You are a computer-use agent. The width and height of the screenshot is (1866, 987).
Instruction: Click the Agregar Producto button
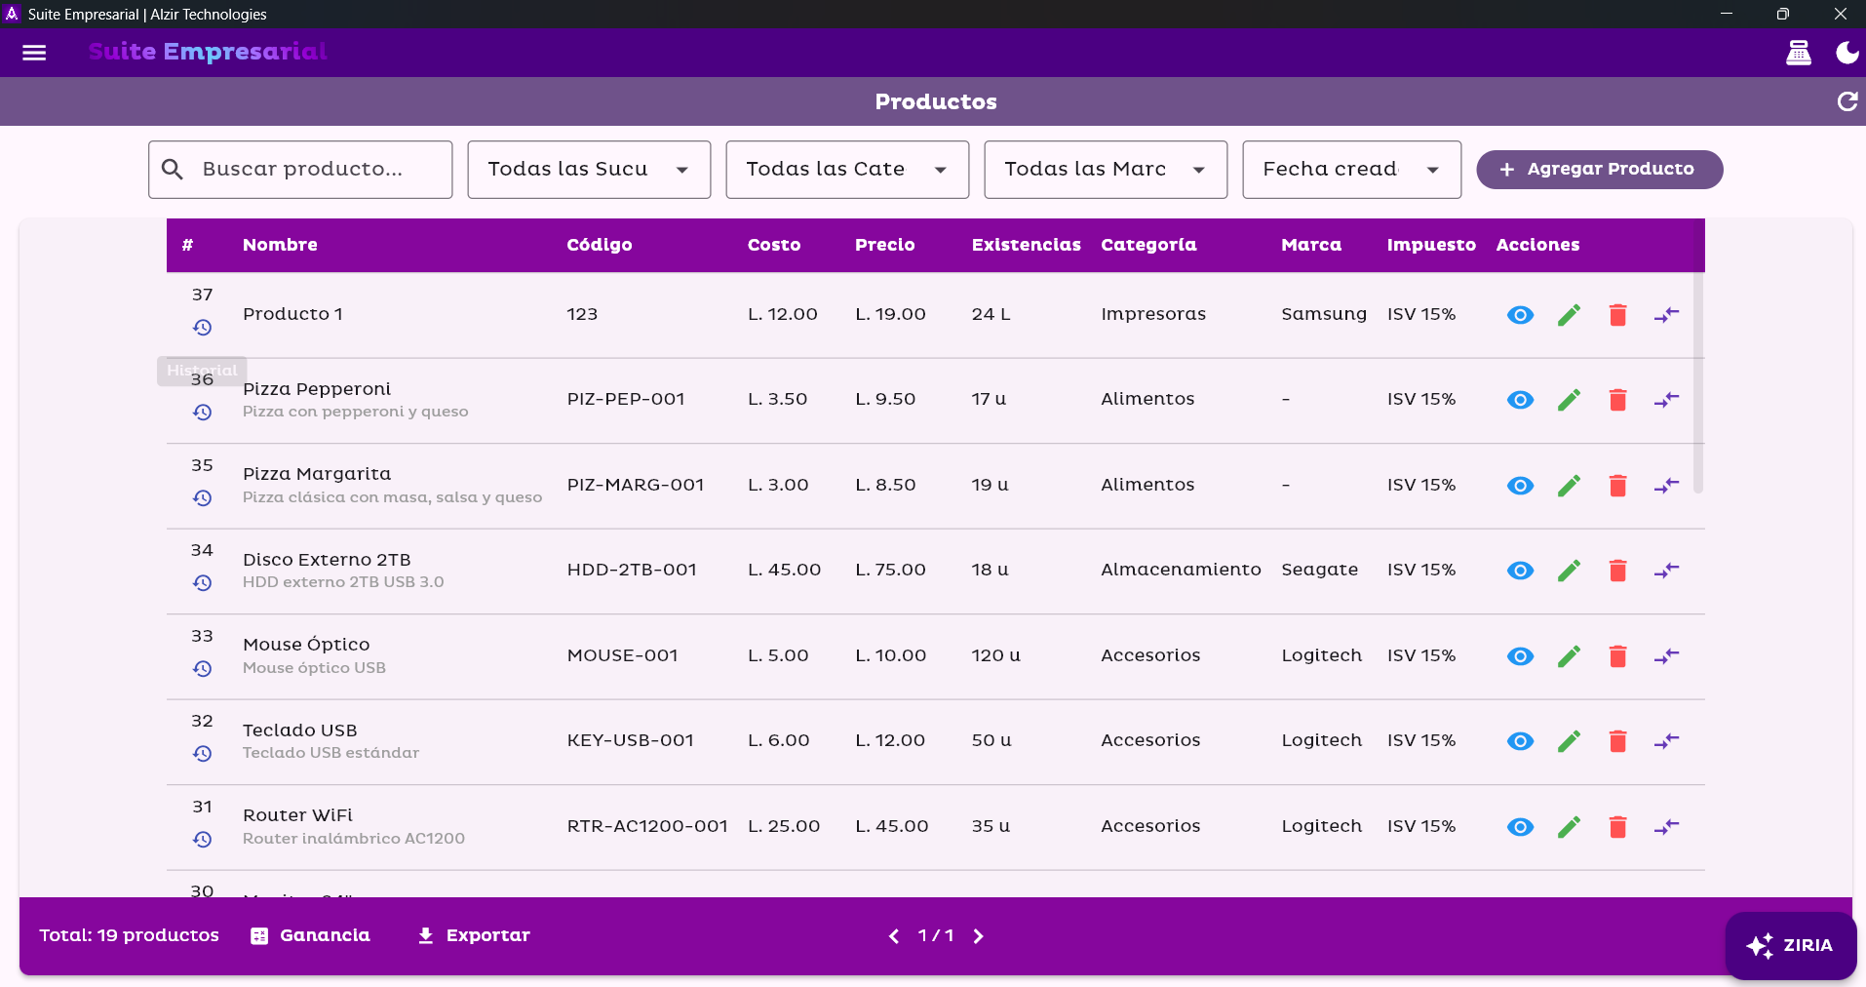[x=1599, y=170]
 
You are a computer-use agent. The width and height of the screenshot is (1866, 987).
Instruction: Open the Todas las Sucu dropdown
[x=589, y=170]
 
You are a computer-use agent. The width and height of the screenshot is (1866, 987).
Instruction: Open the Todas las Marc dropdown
[x=1105, y=170]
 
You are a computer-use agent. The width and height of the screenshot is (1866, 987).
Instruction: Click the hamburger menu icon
[x=34, y=53]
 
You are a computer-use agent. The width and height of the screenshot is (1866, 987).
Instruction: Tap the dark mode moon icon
[x=1847, y=53]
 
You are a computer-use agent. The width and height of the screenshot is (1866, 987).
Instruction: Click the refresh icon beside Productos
[x=1847, y=101]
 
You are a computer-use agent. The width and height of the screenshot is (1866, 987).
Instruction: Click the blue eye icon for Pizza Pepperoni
[x=1520, y=400]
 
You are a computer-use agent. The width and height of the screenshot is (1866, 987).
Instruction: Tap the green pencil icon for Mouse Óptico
[x=1569, y=656]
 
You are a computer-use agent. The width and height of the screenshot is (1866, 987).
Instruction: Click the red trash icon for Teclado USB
[x=1617, y=741]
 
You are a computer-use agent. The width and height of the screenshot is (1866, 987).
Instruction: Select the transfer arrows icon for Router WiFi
[x=1666, y=827]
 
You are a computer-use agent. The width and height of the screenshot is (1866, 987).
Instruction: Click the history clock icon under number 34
[x=202, y=583]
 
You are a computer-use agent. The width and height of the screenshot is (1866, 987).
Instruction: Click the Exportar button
[x=474, y=935]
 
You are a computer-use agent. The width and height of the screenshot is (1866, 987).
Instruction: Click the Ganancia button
[x=311, y=935]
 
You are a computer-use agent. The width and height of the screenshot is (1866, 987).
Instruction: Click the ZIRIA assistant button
[x=1790, y=945]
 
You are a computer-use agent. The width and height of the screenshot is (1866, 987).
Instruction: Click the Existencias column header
[x=1026, y=245]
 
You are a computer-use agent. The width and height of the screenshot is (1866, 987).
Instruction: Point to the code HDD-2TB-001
[x=632, y=570]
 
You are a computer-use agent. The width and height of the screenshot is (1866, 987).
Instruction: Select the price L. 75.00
[x=890, y=570]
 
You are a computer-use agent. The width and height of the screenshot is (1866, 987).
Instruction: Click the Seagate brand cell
[x=1319, y=570]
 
